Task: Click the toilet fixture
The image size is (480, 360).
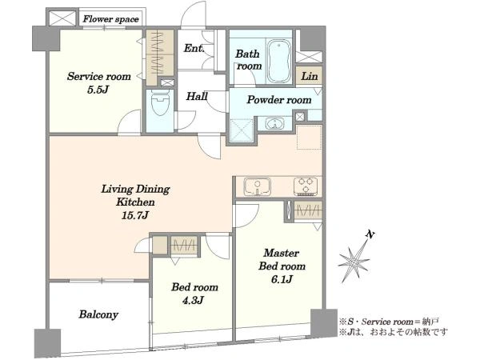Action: tap(160, 103)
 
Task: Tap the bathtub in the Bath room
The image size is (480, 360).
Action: tap(279, 61)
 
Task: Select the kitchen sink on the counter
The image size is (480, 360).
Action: tap(257, 186)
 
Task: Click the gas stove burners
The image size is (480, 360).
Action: tap(306, 186)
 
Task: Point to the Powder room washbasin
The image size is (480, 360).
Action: tap(274, 124)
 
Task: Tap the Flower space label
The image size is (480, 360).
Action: tap(111, 19)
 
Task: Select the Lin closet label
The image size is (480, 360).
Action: tap(309, 76)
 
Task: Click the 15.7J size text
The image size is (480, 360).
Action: tap(135, 215)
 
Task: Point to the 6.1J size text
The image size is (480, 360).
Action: tap(282, 279)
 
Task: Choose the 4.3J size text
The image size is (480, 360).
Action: tap(193, 301)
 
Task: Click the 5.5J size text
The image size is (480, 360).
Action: tap(98, 90)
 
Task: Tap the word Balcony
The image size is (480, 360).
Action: tap(98, 314)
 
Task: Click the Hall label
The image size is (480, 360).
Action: tap(197, 97)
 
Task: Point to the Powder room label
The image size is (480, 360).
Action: tap(279, 99)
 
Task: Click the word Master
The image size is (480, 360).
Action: tap(282, 253)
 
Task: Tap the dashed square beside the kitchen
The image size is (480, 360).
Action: tap(309, 138)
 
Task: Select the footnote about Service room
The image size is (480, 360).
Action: tap(389, 322)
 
